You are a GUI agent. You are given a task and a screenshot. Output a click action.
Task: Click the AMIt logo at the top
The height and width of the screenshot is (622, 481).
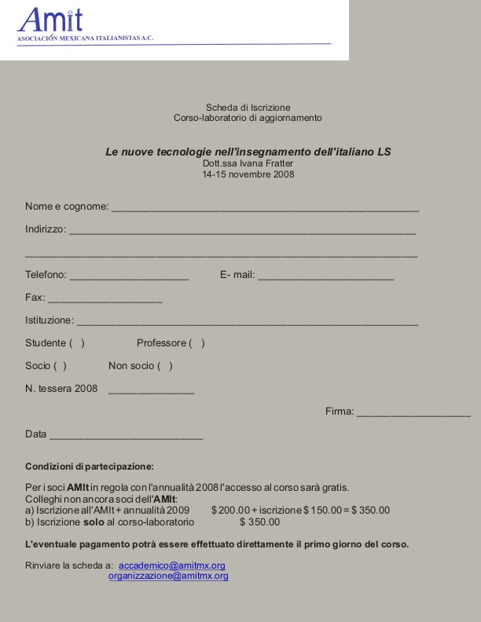(50, 19)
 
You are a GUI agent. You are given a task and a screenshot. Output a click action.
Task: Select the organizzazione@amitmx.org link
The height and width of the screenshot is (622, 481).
(168, 576)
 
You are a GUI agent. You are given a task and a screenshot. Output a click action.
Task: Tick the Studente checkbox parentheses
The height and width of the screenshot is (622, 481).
(77, 343)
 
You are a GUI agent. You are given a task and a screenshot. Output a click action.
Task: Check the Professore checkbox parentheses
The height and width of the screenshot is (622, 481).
(196, 343)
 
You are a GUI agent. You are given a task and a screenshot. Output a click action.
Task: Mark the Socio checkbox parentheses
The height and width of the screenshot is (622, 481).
(60, 366)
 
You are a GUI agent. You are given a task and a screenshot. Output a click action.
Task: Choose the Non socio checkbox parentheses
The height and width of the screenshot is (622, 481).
(165, 366)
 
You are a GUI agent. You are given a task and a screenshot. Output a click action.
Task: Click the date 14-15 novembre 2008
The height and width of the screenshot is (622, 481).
(248, 174)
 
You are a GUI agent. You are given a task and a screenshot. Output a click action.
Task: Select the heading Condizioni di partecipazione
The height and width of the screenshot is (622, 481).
(90, 466)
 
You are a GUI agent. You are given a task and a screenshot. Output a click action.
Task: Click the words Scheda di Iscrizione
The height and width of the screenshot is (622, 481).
(248, 107)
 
